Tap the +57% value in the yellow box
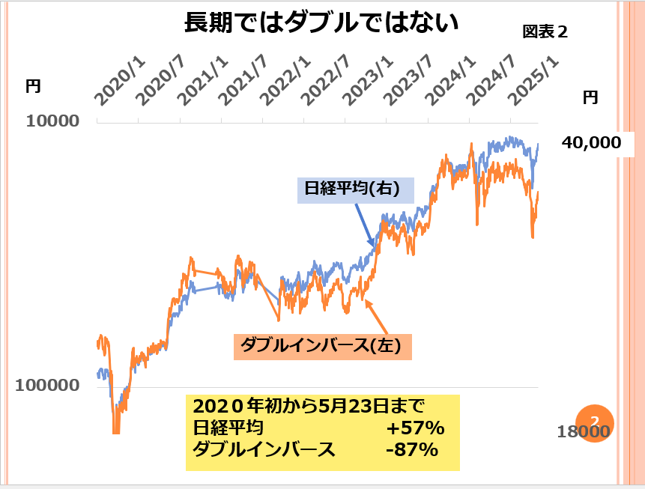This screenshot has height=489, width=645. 416,429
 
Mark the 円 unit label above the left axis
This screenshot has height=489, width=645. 33,86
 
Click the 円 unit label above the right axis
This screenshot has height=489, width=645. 591,97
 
